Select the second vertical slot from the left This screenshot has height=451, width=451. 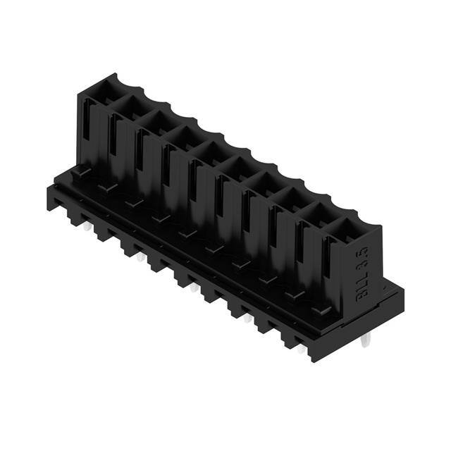click(113, 145)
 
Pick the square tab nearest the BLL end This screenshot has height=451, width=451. click(321, 310)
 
